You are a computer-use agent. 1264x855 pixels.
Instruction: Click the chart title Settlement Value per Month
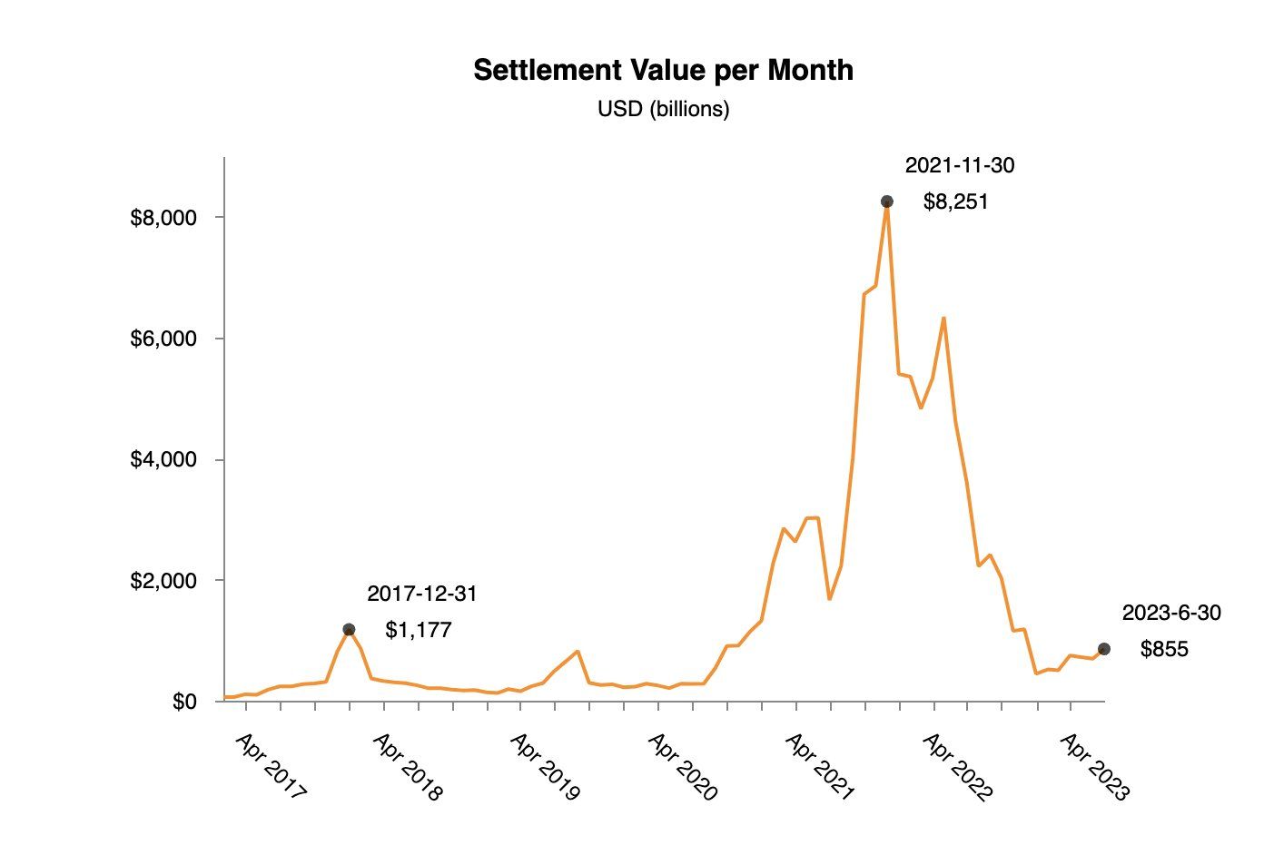[x=663, y=70]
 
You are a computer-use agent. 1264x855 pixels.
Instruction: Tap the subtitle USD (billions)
[x=663, y=110]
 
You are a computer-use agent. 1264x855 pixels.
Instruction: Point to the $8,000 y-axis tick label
[x=163, y=218]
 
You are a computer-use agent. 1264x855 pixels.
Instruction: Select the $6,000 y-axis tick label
[x=163, y=339]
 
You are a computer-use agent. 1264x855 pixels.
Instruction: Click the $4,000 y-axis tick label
[x=163, y=459]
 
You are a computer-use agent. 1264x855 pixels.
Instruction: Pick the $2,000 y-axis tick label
[x=163, y=580]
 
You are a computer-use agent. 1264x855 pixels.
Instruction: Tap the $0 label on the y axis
[x=184, y=702]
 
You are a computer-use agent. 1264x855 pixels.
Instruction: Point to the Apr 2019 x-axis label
[x=546, y=767]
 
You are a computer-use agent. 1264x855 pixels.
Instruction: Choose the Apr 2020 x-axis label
[x=683, y=767]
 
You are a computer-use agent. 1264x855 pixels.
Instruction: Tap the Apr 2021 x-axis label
[x=820, y=767]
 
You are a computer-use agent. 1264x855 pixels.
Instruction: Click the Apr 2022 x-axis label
[x=958, y=767]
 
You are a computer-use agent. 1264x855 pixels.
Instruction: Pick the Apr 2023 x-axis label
[x=1095, y=767]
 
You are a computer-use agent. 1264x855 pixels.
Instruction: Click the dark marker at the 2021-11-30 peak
[x=886, y=201]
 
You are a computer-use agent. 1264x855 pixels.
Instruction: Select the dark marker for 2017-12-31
[x=349, y=629]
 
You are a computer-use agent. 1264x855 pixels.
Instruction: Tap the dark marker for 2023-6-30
[x=1103, y=649]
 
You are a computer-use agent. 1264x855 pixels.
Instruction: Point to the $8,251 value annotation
[x=955, y=201]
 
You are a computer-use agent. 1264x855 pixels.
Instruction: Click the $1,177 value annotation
[x=419, y=630]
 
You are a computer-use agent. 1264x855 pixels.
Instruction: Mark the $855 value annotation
[x=1164, y=650]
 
